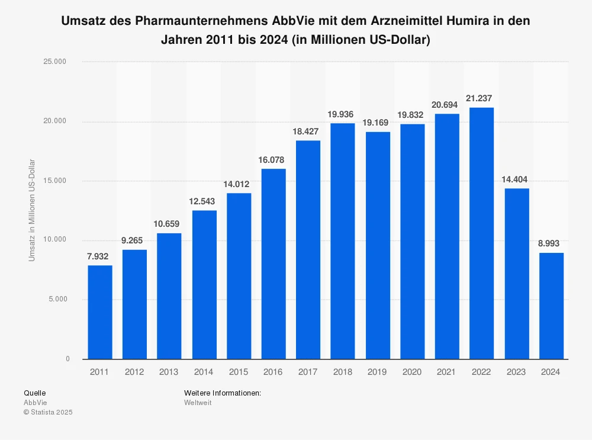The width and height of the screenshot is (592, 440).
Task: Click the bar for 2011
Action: pos(99,312)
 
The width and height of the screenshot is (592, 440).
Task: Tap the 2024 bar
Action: pos(551,306)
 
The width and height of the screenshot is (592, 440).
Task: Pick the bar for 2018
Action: pos(343,241)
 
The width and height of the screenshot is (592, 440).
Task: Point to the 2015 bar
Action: pos(239,276)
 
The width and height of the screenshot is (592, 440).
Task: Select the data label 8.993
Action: pos(551,243)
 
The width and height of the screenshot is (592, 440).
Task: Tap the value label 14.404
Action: pos(516,179)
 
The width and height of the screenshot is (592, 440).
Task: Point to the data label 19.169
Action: pos(377,123)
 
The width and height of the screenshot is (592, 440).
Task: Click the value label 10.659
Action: pos(169,224)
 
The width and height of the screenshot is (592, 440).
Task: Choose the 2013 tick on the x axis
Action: pos(169,372)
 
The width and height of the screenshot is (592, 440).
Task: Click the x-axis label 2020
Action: pos(412,372)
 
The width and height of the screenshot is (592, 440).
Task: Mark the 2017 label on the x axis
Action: pos(308,372)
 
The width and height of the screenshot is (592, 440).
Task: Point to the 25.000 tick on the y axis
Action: pos(58,62)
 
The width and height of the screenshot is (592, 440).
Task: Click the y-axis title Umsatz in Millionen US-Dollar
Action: pos(32,210)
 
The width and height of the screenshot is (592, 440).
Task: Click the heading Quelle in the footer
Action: pos(34,393)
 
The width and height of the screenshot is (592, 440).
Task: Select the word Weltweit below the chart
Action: pos(198,403)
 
